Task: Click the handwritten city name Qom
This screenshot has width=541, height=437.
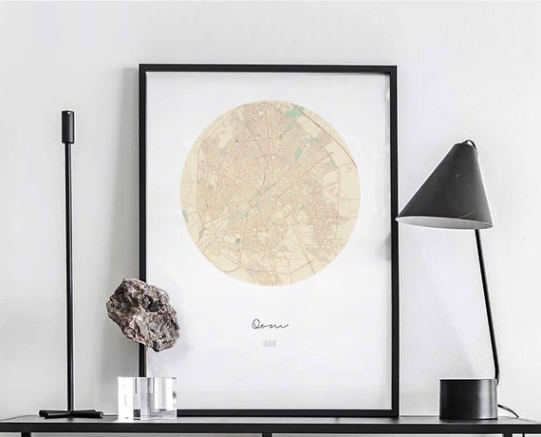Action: click(x=270, y=324)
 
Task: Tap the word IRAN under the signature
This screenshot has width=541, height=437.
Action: click(x=270, y=343)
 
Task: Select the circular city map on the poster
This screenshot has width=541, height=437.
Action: click(x=270, y=193)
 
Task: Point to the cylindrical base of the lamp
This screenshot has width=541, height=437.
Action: click(x=468, y=398)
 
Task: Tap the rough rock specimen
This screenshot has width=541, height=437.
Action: click(x=142, y=313)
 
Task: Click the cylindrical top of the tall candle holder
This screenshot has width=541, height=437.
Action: click(x=67, y=126)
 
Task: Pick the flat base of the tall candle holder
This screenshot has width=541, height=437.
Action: click(x=69, y=413)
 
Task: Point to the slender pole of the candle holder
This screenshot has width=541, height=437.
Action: click(x=68, y=275)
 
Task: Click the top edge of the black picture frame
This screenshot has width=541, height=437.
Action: click(x=268, y=68)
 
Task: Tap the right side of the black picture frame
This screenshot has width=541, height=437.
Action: click(x=394, y=237)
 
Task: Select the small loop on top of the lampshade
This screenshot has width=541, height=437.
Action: click(x=468, y=144)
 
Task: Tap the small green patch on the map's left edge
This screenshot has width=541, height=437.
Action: click(x=185, y=217)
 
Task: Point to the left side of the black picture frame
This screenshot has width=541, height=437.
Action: click(x=142, y=190)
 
